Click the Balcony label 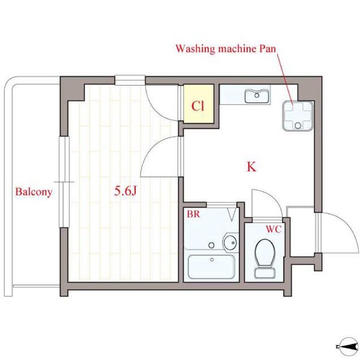34,192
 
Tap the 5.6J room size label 125,191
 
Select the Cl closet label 197,106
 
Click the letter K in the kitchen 251,167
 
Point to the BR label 193,214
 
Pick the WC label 274,229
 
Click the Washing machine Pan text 226,49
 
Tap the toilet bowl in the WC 265,253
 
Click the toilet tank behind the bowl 265,272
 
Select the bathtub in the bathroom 211,266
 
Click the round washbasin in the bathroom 230,242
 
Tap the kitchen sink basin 257,97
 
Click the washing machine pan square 298,116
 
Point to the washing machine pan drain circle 298,125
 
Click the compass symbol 348,347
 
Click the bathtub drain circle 212,260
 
